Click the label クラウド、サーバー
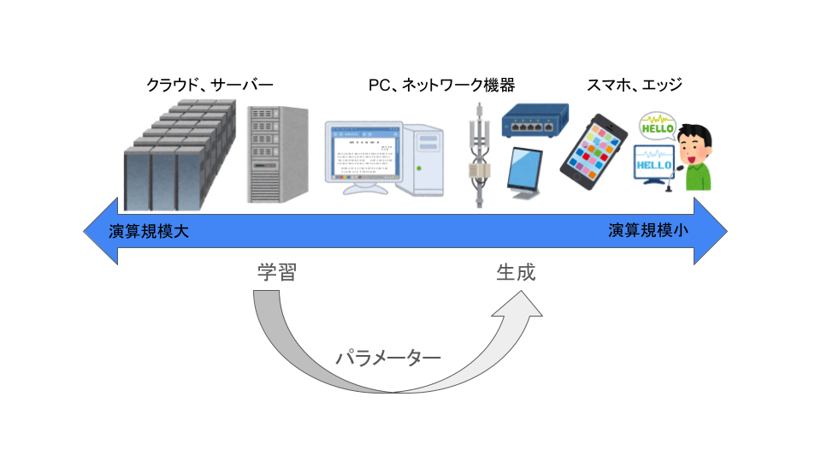click(210, 85)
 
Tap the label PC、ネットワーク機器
click(441, 85)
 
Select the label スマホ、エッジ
click(634, 85)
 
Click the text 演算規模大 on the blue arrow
click(149, 231)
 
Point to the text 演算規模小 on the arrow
click(648, 230)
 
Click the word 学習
click(277, 272)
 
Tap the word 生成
click(516, 272)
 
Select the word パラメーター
click(388, 358)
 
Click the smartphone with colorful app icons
click(594, 151)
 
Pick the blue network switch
click(535, 121)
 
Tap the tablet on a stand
click(524, 174)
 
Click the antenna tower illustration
click(479, 156)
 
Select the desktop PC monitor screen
click(363, 152)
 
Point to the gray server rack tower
click(277, 155)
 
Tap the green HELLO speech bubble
click(658, 127)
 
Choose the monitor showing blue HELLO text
click(653, 164)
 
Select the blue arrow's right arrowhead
click(711, 231)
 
